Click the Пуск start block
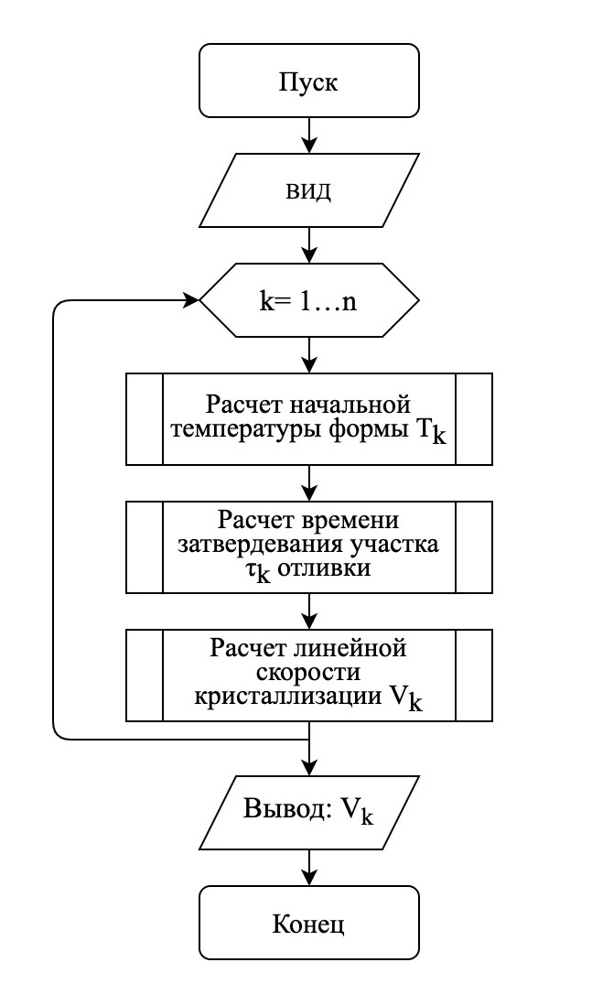308,81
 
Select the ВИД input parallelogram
308,189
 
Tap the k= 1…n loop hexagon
308,300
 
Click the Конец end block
308,923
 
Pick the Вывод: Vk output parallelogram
308,813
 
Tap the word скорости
308,673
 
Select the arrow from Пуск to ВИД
308,135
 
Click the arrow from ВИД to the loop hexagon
308,244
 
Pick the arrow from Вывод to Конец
308,867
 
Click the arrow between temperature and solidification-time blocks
308,482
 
